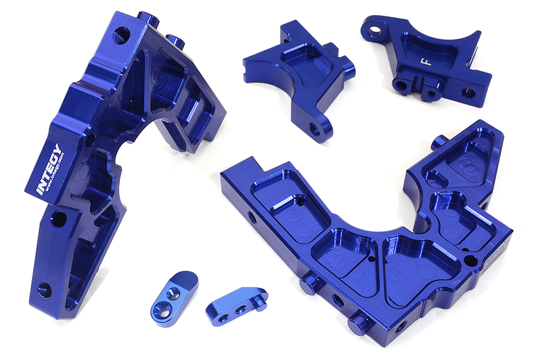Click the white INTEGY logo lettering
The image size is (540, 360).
(x=49, y=169)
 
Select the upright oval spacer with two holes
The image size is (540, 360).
(x=174, y=298)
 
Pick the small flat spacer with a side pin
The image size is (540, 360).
(x=237, y=303)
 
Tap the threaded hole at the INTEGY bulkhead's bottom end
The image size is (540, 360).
(x=44, y=290)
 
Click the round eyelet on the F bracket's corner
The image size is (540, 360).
(x=375, y=32)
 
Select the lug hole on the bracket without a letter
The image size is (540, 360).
(x=314, y=129)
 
